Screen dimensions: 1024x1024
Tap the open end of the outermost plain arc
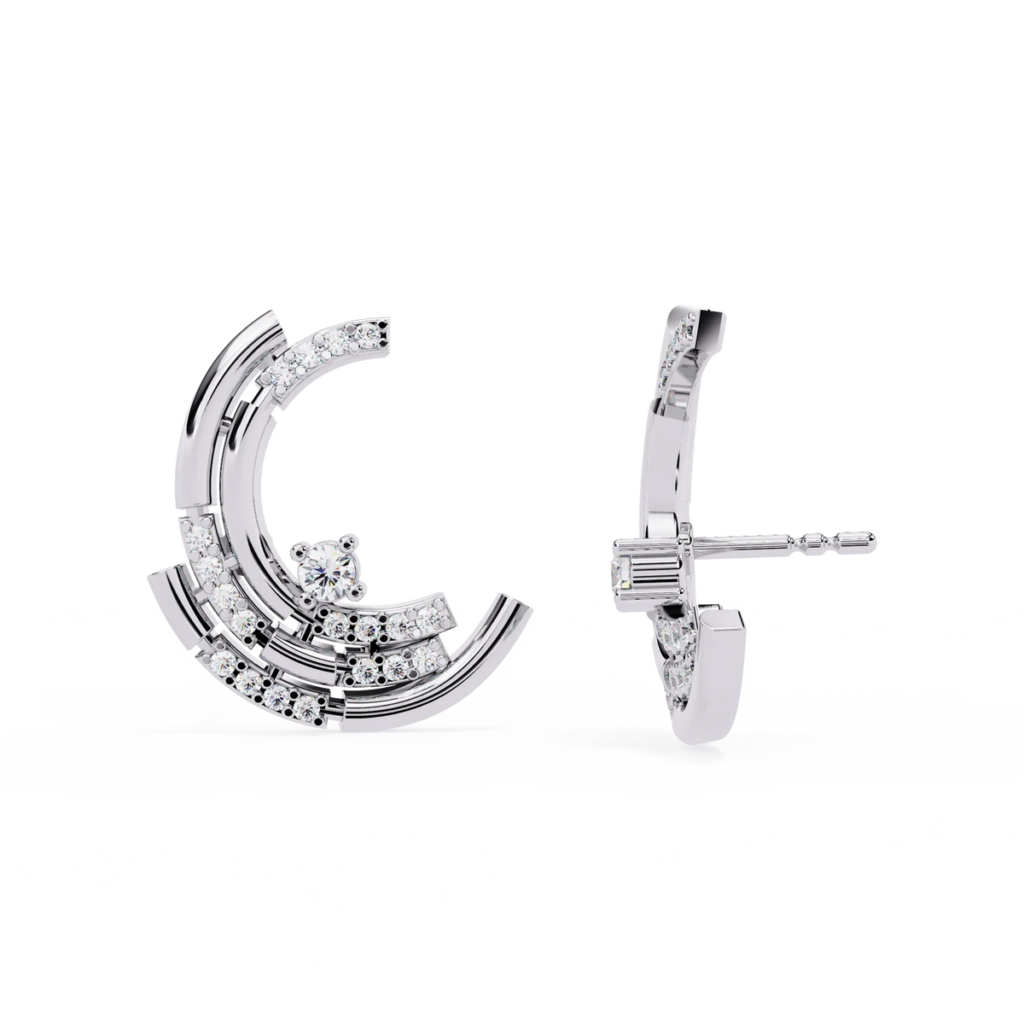[x=521, y=605]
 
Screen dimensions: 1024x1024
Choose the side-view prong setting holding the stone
[x=647, y=563]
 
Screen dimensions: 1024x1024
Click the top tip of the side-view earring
[x=708, y=313]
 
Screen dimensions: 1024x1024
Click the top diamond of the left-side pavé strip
[x=198, y=535]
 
